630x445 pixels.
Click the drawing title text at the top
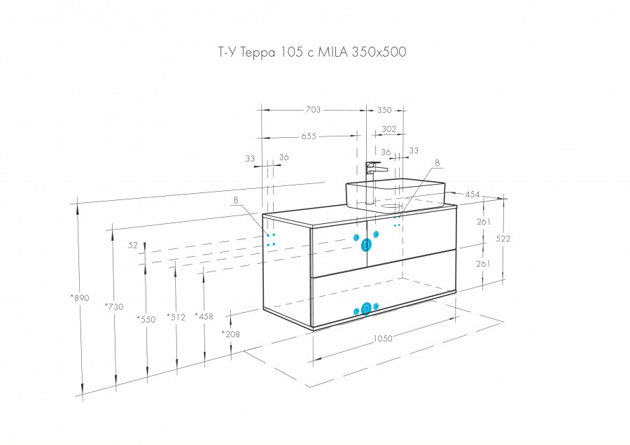pos(308,52)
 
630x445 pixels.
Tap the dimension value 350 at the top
pos(384,110)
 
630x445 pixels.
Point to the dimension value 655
pos(309,136)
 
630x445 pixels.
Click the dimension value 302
pos(389,129)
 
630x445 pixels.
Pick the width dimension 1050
pos(383,338)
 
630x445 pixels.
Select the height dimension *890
pos(80,298)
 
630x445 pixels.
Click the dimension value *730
pos(113,306)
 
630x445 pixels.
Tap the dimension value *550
pos(146,319)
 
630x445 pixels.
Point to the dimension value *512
pos(176,317)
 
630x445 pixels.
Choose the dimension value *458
pos(204,316)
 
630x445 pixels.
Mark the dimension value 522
pos(503,239)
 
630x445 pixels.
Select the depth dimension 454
pos(473,195)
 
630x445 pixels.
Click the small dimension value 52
pos(133,246)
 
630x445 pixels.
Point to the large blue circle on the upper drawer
pos(366,245)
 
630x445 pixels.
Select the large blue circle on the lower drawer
pos(365,310)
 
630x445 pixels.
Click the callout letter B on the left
pos(236,200)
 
